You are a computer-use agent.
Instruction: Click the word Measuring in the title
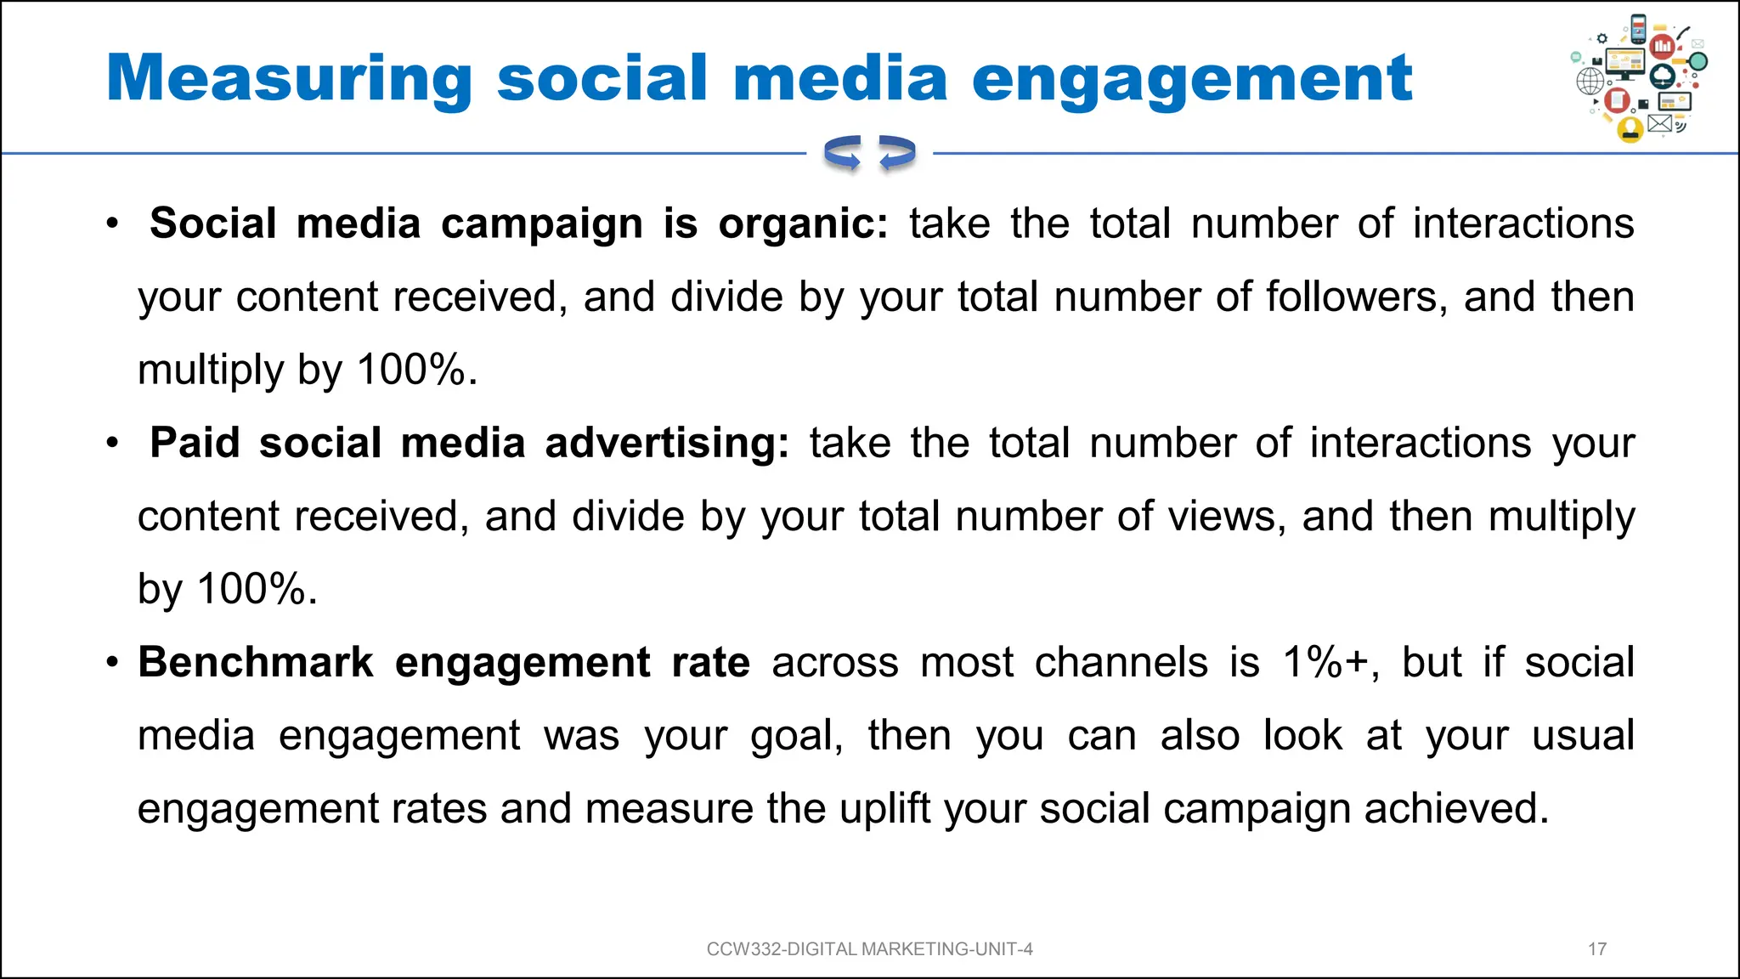289,79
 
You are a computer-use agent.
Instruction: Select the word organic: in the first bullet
803,224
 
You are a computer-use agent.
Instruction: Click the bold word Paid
195,444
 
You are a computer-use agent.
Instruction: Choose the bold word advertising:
667,444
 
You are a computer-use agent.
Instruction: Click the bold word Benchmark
256,663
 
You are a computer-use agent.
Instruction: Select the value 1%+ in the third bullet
1330,663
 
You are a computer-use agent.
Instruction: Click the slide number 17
1596,949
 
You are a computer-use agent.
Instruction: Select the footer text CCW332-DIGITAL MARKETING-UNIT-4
869,949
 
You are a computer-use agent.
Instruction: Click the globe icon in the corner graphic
1590,82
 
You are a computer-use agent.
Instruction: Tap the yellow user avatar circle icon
1630,129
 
